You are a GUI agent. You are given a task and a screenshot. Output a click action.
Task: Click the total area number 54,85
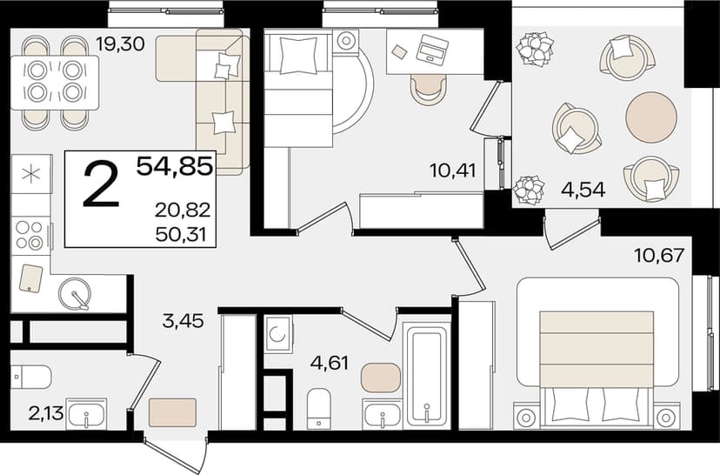coord(175,166)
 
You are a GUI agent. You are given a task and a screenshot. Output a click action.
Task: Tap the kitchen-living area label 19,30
coord(120,44)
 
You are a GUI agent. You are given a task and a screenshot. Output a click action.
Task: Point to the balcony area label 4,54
coord(583,190)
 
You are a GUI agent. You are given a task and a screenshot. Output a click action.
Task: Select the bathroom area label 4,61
coord(330,364)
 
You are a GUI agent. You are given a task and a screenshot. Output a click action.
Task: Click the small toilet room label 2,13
coord(46,413)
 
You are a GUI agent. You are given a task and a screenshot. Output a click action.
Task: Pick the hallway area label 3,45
coord(183,321)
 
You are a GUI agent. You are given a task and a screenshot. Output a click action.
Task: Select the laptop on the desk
coord(432,48)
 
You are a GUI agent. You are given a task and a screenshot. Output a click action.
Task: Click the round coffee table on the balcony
coord(651,117)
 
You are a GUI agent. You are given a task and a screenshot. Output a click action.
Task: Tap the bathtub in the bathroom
coord(427,373)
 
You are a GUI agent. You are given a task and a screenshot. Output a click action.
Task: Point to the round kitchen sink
coord(75,294)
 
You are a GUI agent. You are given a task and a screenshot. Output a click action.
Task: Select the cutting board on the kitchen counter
coord(30,278)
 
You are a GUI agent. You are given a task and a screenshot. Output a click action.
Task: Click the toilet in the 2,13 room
coord(30,377)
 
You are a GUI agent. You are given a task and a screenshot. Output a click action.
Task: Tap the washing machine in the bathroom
coord(278,333)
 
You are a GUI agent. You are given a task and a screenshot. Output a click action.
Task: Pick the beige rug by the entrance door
coord(172,412)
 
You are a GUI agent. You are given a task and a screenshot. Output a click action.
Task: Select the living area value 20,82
coord(183,210)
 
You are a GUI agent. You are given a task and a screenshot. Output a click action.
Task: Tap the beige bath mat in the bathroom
coord(381,378)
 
